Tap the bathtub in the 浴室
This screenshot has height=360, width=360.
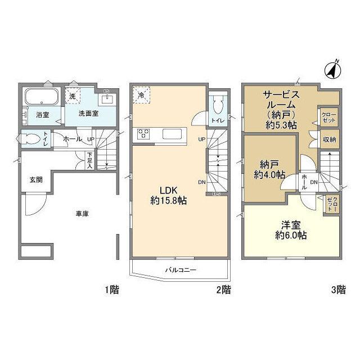[38, 96]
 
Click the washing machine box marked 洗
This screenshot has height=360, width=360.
[72, 96]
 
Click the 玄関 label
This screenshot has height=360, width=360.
[37, 179]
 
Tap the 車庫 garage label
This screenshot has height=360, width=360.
[82, 213]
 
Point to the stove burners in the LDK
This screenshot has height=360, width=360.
[144, 134]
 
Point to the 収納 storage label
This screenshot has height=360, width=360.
[329, 139]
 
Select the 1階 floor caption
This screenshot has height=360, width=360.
[111, 290]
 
